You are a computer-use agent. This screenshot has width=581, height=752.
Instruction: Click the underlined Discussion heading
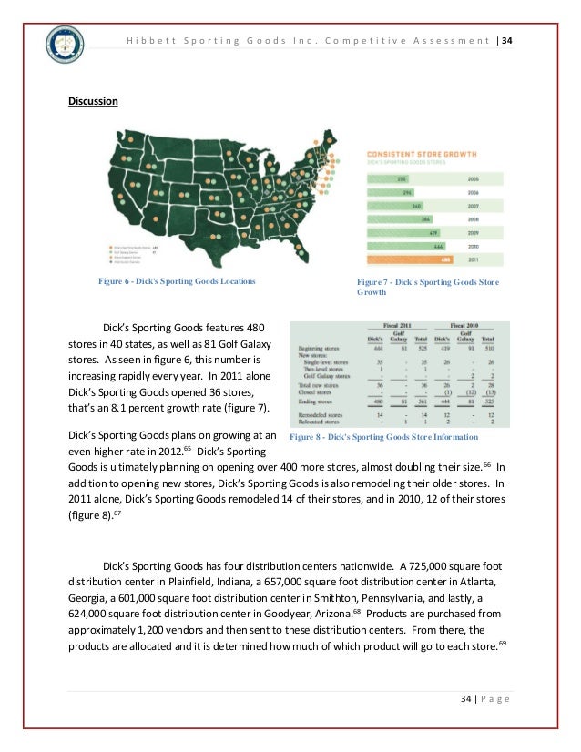tap(94, 100)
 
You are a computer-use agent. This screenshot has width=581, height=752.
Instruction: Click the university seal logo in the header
tap(65, 45)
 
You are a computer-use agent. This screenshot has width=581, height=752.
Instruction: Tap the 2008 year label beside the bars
tap(473, 219)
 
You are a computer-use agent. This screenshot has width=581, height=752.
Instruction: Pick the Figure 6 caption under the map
tap(177, 281)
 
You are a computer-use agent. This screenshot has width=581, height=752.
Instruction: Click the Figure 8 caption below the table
tap(383, 437)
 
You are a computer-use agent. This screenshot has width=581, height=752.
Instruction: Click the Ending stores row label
tap(318, 401)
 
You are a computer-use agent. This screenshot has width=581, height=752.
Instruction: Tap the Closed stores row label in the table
tap(319, 392)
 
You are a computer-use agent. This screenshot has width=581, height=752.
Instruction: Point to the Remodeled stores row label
tap(321, 414)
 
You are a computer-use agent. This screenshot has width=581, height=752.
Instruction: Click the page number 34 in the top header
tap(507, 40)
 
